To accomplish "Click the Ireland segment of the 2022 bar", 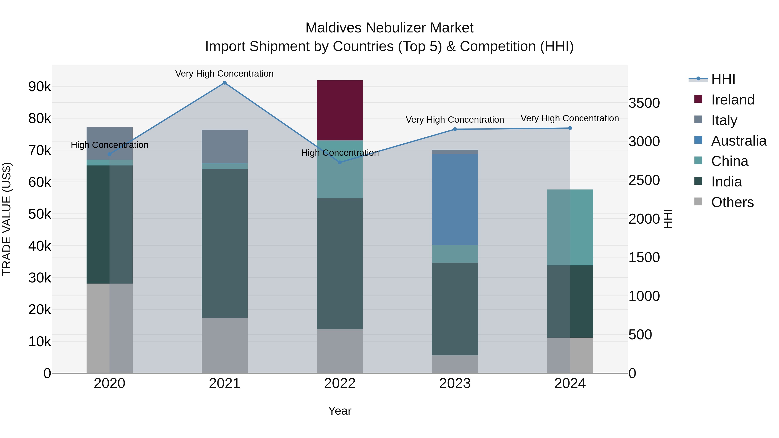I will pos(340,110).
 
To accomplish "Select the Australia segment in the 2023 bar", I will pos(455,199).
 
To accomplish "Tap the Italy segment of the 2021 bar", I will pos(224,147).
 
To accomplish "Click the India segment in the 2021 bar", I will pos(224,243).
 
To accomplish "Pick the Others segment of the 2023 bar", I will pos(455,364).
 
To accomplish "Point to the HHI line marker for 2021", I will pos(224,83).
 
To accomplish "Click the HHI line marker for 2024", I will pos(570,128).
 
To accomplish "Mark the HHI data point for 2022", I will pos(340,162).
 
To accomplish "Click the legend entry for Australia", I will pos(738,141).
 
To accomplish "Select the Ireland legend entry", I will pos(732,100).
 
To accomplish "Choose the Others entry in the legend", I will pos(732,202).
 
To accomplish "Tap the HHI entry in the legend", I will pos(723,79).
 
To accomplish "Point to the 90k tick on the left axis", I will pos(40,87).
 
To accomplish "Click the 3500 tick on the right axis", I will pos(644,103).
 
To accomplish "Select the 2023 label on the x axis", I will pos(455,383).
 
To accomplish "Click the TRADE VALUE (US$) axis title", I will pos(7,219).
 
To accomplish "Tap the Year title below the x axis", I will pos(340,411).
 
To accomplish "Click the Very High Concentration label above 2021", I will pos(224,74).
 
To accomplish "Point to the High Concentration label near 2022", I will pos(340,153).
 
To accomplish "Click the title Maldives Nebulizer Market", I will pos(389,28).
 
